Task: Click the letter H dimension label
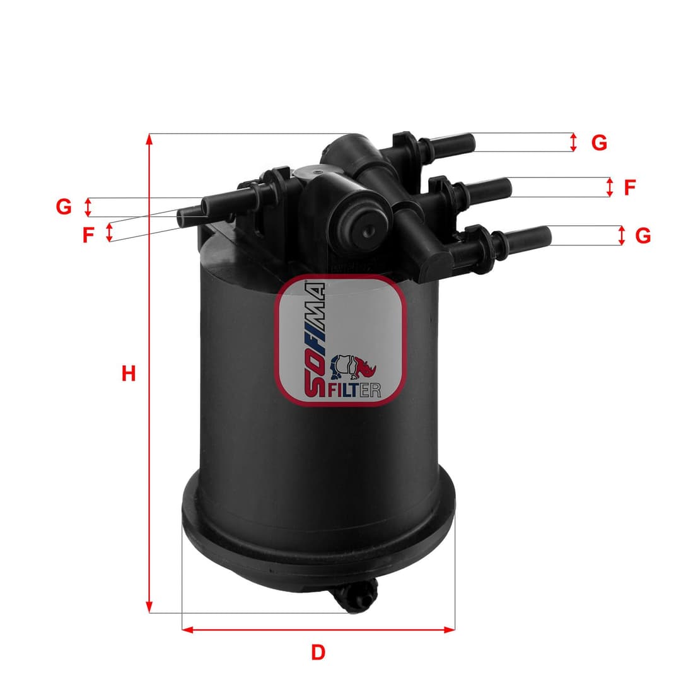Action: [x=129, y=374]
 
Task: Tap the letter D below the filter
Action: [x=318, y=653]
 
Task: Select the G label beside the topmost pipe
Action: [x=599, y=143]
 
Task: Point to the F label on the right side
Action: [x=629, y=187]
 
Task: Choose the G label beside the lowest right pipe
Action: [x=643, y=236]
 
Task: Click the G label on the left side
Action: [x=64, y=206]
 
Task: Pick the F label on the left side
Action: [x=88, y=235]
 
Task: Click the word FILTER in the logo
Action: [x=354, y=390]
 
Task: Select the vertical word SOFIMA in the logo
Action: [x=315, y=340]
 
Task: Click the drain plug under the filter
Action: [x=360, y=597]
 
